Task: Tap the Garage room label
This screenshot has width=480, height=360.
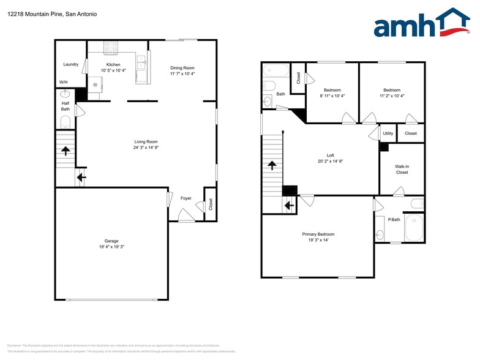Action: click(x=111, y=241)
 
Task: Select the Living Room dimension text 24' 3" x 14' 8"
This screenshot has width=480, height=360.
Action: click(x=146, y=148)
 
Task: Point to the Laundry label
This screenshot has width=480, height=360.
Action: click(x=70, y=64)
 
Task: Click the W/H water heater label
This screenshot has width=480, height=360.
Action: click(x=63, y=82)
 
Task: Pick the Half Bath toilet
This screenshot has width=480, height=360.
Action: click(x=66, y=122)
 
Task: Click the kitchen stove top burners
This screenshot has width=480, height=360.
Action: click(x=111, y=46)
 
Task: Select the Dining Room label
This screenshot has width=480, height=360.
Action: click(x=182, y=67)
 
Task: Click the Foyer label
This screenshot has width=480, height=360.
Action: click(x=186, y=198)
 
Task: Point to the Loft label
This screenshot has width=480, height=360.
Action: click(x=330, y=156)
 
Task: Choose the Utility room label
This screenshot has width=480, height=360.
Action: click(x=388, y=133)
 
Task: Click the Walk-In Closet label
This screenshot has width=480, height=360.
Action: click(x=401, y=169)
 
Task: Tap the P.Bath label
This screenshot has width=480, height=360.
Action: click(x=394, y=219)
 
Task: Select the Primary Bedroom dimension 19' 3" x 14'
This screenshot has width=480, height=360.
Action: click(x=318, y=240)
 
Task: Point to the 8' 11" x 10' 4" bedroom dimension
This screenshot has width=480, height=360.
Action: click(x=332, y=96)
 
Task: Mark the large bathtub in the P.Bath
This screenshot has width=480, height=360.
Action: click(x=414, y=227)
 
